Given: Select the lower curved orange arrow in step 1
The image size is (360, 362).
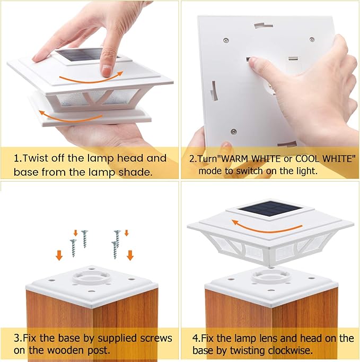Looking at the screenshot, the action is click(x=71, y=118).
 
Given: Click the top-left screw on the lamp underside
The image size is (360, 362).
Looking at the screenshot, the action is click(x=226, y=40).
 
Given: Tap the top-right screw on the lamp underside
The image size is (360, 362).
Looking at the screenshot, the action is click(x=312, y=39).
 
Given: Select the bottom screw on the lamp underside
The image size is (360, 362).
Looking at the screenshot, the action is click(x=234, y=132).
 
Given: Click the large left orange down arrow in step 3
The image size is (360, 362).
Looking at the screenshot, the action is click(x=59, y=255).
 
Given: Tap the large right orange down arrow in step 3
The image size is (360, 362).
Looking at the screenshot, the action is click(x=130, y=255).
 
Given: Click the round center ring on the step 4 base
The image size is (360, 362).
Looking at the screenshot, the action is click(x=270, y=277).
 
